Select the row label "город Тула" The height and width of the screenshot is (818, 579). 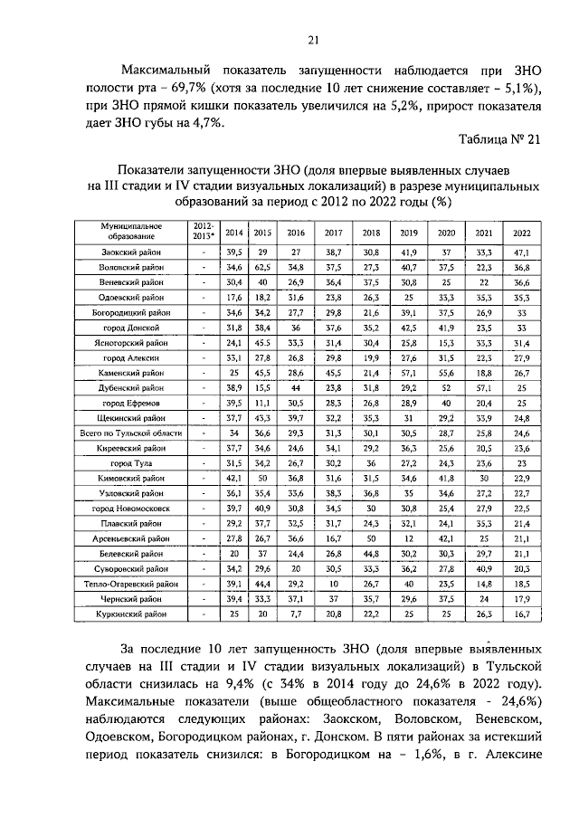[132, 462]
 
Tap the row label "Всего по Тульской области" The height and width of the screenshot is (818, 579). [132, 434]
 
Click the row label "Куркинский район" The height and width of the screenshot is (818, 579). [132, 614]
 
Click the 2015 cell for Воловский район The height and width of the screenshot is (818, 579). [263, 268]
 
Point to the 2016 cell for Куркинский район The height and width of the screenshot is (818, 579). [295, 614]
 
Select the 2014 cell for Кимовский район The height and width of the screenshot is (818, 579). [234, 478]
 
